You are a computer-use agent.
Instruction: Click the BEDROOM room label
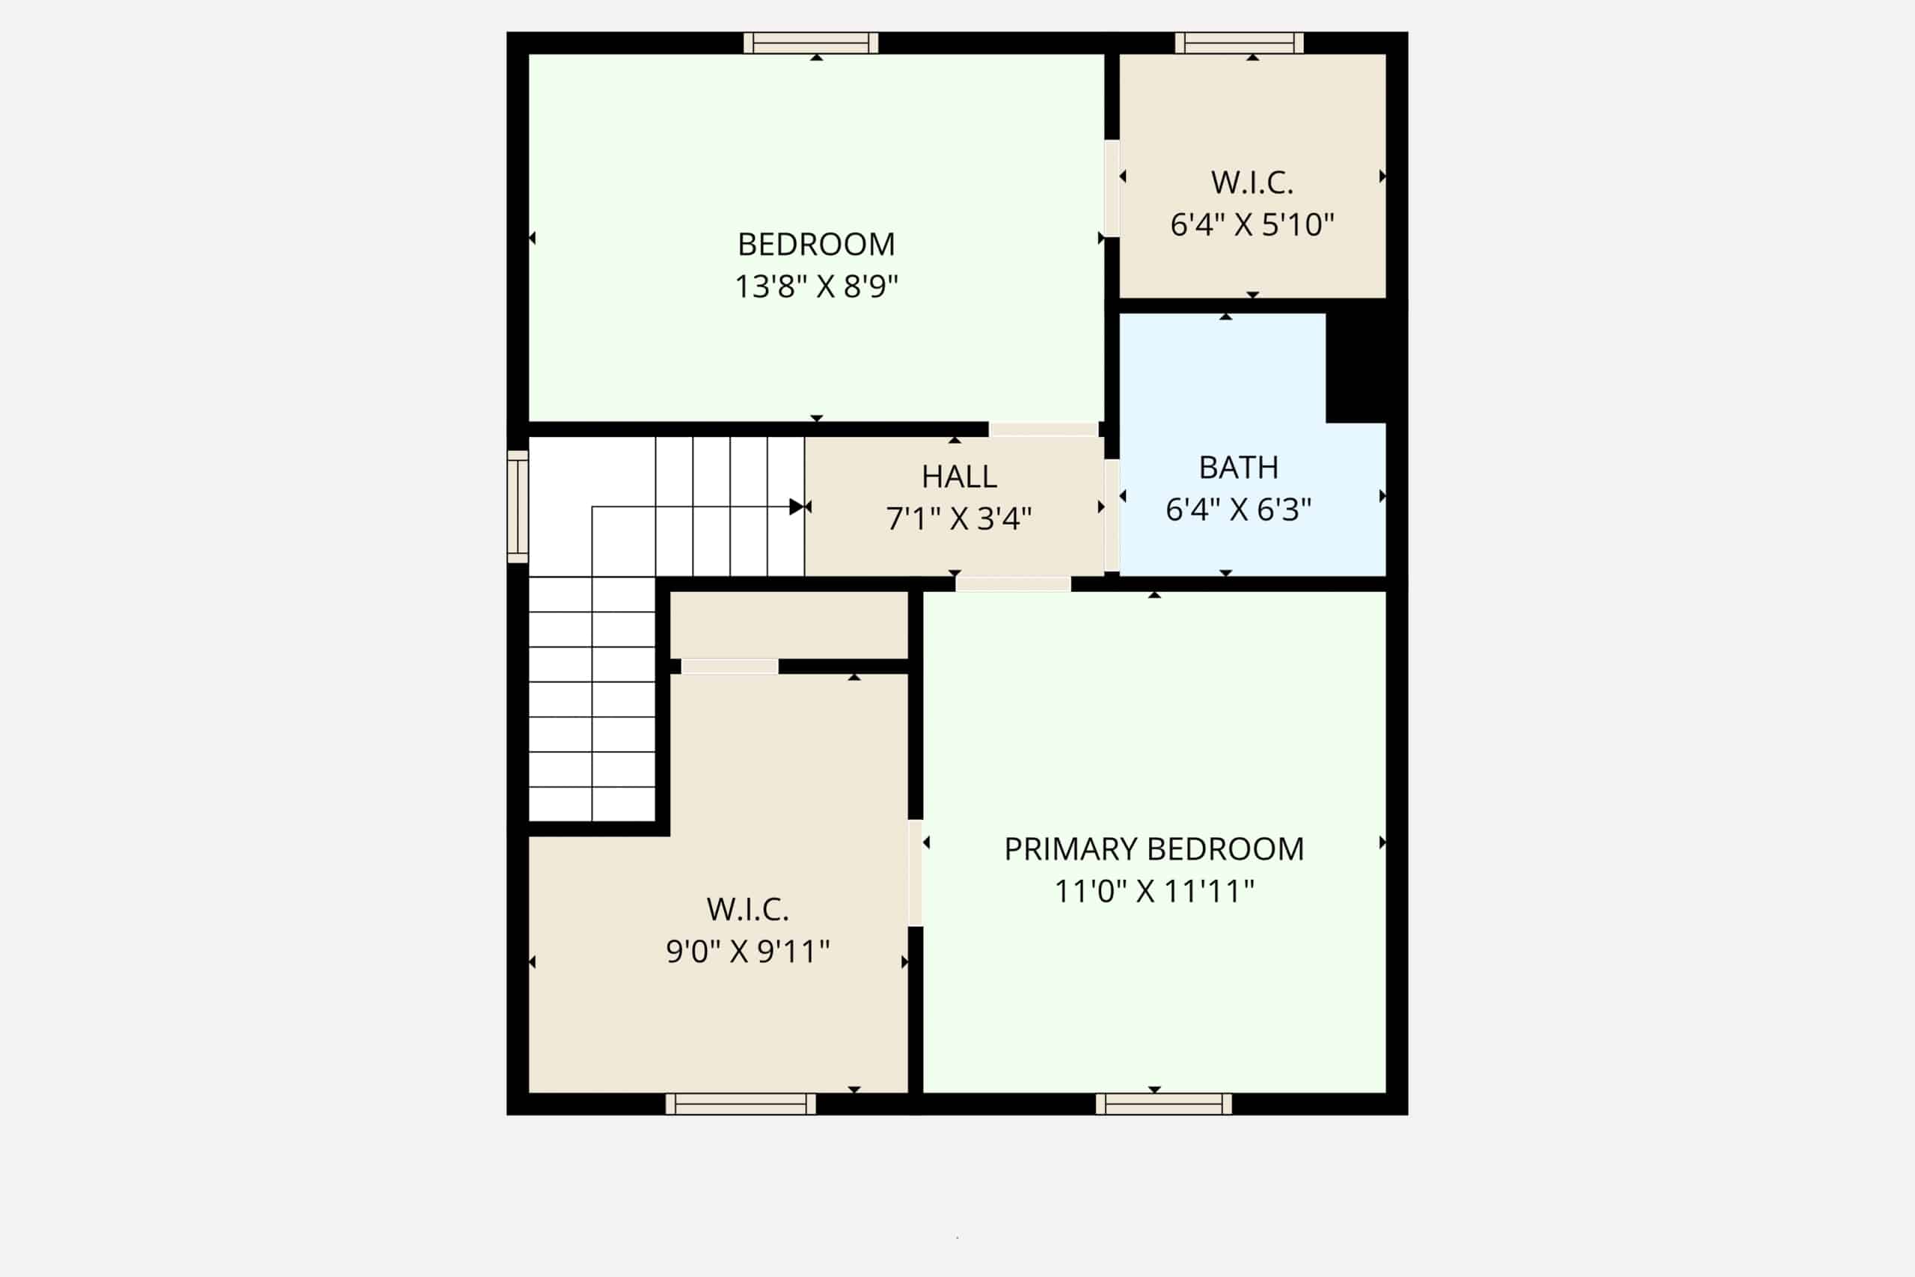click(x=816, y=245)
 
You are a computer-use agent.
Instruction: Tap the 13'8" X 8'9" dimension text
click(x=816, y=287)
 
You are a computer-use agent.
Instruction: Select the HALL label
click(x=959, y=477)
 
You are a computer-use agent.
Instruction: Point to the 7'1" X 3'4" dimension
click(x=959, y=518)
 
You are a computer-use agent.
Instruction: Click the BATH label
click(x=1239, y=468)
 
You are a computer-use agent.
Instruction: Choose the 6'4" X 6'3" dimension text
click(x=1239, y=509)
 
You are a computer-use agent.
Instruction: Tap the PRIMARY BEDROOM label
click(x=1153, y=849)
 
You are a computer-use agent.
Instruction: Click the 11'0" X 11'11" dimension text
click(x=1153, y=892)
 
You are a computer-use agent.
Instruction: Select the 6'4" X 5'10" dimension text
click(x=1252, y=224)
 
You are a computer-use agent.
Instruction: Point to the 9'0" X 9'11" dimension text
click(x=747, y=952)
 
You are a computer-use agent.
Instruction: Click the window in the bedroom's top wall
click(x=811, y=43)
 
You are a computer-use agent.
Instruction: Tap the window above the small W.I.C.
click(x=1240, y=43)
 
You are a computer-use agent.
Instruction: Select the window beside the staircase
click(x=518, y=506)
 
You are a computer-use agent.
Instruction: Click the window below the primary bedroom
click(x=1163, y=1103)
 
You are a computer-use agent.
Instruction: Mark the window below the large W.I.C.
click(x=740, y=1103)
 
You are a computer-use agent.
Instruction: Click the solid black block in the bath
click(x=1355, y=368)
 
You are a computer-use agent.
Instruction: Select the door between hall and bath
click(x=1112, y=515)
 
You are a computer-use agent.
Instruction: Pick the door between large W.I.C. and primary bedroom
click(x=915, y=873)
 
